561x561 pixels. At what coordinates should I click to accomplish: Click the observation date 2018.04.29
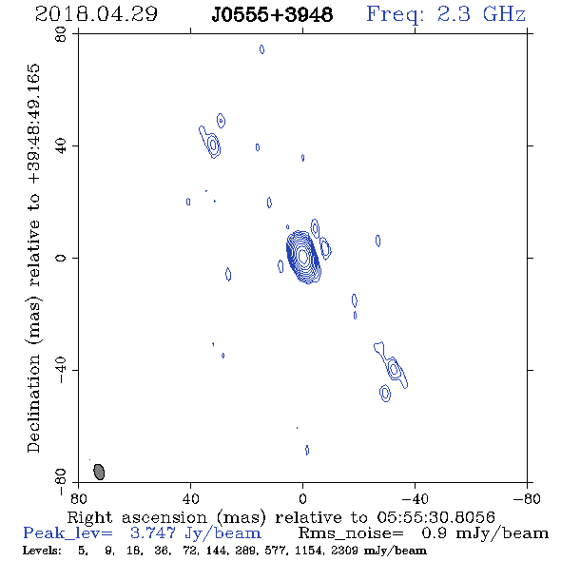pos(96,14)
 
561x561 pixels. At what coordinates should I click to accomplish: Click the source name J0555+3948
pos(272,14)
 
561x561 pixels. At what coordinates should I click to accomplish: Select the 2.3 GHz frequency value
pos(481,14)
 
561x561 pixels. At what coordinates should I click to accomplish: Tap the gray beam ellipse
pos(99,472)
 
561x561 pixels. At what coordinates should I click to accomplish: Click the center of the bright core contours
pos(303,256)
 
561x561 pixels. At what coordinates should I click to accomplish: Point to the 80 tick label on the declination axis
pos(61,34)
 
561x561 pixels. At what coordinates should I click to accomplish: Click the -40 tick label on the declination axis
pos(61,370)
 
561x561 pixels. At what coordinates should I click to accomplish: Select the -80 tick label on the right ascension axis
pos(527,498)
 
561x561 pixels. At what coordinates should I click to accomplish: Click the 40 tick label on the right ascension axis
pos(191,498)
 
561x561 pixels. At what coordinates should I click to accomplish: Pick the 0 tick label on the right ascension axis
pos(302,498)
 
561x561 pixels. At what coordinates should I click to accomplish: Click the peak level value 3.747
pos(153,533)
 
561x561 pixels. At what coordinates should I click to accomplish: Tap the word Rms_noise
pos(351,533)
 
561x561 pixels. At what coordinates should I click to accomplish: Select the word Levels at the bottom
pos(42,550)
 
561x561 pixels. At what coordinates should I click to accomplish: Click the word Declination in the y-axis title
pos(33,403)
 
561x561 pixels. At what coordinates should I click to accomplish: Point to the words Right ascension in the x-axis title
pos(137,517)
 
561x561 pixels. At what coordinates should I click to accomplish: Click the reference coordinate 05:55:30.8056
pos(435,517)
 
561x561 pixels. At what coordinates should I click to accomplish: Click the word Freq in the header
pos(395,15)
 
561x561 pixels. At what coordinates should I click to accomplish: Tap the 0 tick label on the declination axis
pos(61,258)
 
